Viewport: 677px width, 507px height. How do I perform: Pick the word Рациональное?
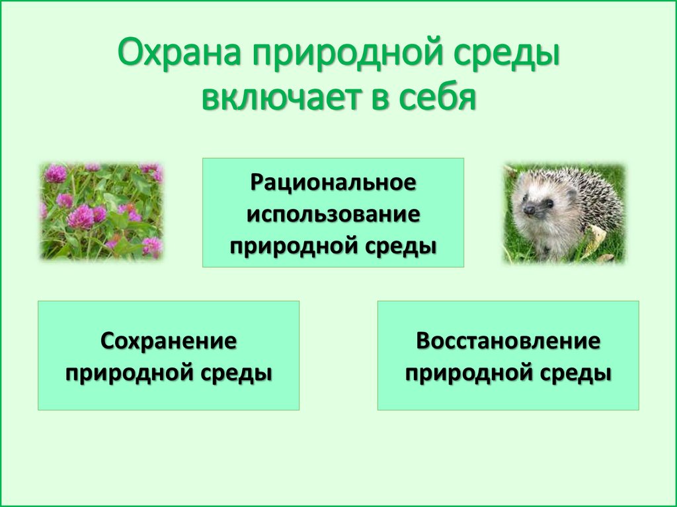tap(333, 182)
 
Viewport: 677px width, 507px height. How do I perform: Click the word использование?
tap(333, 215)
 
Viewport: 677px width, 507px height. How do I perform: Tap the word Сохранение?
tap(169, 340)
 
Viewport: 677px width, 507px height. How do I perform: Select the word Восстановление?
tap(508, 340)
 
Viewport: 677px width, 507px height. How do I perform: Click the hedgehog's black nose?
tap(528, 210)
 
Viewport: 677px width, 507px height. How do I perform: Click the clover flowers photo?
tap(101, 211)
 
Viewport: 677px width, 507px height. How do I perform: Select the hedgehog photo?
tap(565, 213)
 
